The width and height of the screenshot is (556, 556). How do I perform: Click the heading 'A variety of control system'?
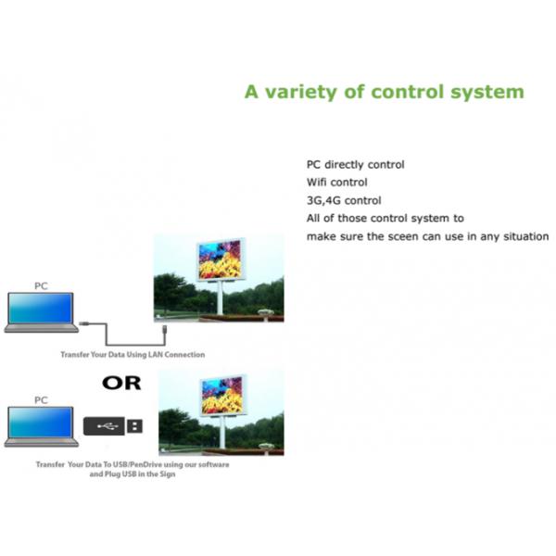(384, 93)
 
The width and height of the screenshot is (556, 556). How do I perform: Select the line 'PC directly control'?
(355, 164)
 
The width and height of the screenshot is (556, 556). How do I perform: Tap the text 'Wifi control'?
(336, 182)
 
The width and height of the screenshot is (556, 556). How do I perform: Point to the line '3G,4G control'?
(342, 200)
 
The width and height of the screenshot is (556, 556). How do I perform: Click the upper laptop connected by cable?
(41, 311)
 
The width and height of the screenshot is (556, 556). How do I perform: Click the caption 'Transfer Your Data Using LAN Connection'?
(133, 355)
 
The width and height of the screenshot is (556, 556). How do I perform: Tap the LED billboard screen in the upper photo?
(220, 259)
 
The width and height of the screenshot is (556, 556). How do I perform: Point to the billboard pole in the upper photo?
(221, 297)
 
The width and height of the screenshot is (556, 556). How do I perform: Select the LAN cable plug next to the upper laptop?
(84, 322)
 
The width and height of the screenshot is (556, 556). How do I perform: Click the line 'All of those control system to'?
(385, 219)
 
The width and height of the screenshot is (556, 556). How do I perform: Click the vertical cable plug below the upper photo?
(163, 330)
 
